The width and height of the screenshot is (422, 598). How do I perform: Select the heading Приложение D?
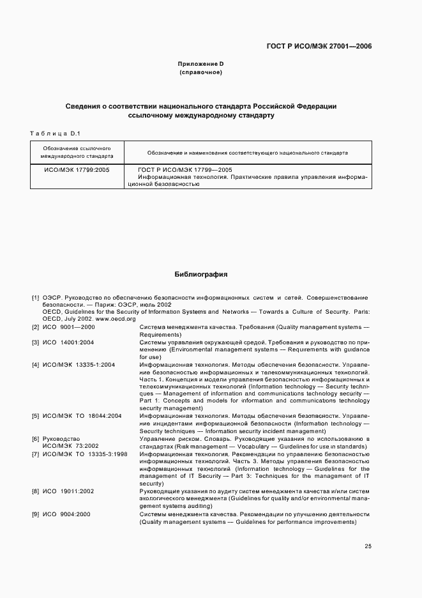200,64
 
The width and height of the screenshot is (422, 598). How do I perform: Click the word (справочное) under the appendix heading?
200,73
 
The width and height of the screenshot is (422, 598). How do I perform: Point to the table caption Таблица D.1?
54,133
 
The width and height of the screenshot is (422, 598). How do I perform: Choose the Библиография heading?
201,274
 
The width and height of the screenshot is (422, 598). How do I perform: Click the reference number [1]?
36,298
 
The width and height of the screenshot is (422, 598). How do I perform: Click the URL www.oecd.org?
116,318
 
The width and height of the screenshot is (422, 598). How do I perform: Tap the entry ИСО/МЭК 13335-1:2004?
79,365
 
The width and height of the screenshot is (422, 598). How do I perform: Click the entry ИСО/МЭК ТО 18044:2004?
82,416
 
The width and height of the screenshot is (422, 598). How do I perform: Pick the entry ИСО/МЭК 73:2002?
70,446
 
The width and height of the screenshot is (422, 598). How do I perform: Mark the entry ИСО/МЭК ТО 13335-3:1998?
85,454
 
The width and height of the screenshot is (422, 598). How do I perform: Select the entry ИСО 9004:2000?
67,514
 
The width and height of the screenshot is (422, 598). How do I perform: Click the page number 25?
368,546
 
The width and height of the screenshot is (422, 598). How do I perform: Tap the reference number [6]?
36,439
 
